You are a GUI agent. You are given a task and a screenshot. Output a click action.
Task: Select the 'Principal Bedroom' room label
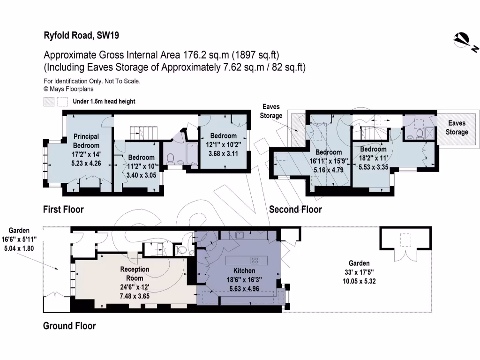[86, 141]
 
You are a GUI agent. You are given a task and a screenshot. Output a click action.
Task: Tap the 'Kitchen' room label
[244, 271]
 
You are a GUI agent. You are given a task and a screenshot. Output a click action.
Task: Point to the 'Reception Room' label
[135, 274]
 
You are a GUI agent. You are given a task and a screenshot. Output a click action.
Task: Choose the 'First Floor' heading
[63, 209]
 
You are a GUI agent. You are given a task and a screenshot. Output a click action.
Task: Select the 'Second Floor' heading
[295, 209]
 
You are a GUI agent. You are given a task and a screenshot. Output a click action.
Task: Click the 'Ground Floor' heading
[69, 326]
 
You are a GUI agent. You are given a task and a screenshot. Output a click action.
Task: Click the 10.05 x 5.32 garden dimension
[359, 281]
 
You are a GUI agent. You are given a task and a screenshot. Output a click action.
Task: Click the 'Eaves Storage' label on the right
[457, 127]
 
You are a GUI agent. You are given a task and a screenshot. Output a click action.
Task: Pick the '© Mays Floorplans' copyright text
[68, 88]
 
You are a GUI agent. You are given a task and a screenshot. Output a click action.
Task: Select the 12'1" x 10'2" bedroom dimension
[223, 145]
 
